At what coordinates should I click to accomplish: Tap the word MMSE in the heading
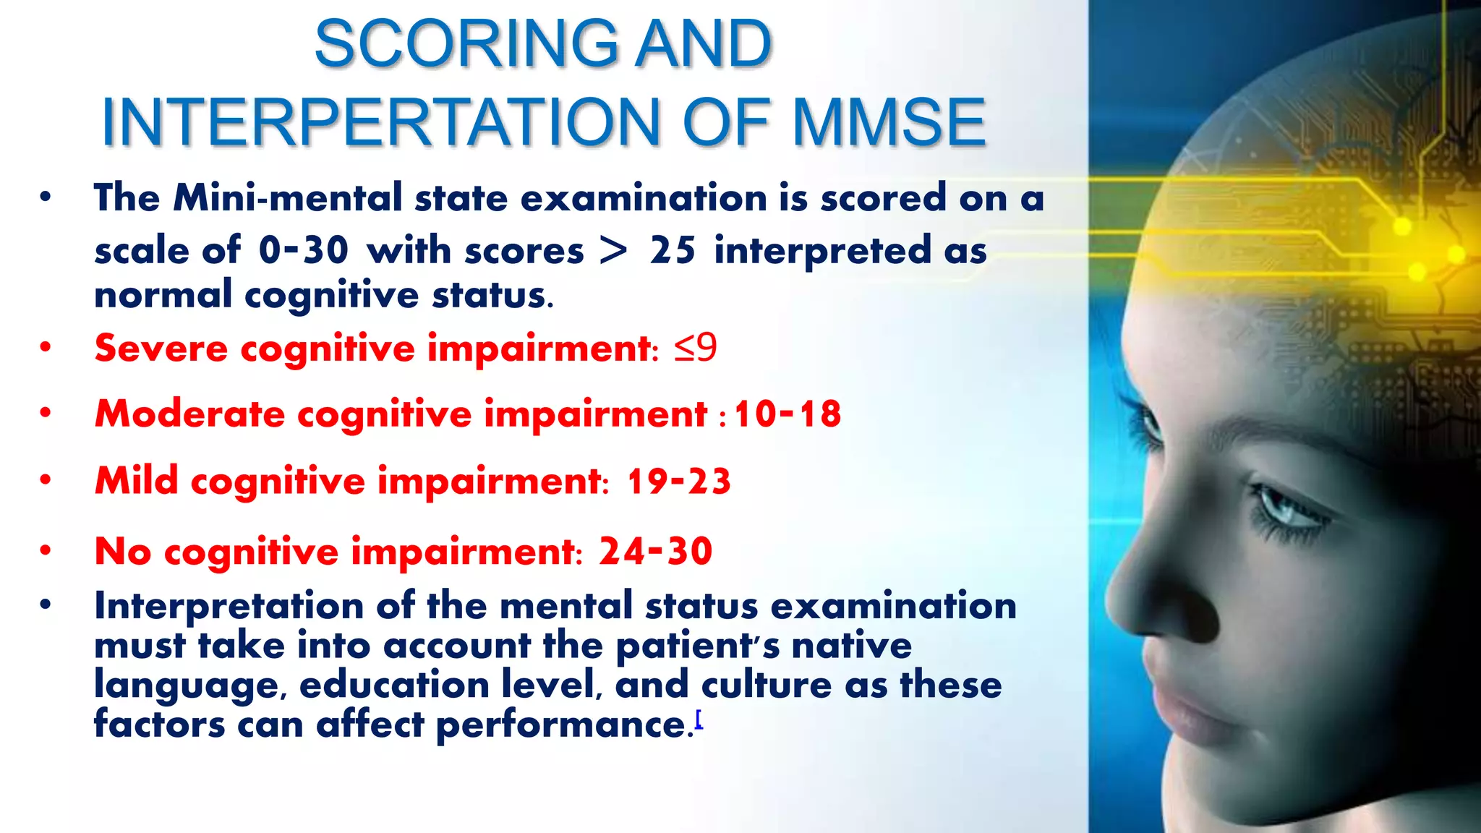click(889, 123)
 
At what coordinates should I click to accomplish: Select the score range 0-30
click(304, 251)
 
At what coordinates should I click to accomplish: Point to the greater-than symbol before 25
click(613, 251)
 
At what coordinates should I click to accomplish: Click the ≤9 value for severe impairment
click(695, 348)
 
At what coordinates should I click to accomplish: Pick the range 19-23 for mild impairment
click(679, 482)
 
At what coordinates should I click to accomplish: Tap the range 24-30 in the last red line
click(656, 551)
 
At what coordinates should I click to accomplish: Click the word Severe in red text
click(161, 349)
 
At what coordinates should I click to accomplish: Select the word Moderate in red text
click(189, 414)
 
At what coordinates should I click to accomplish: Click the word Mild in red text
click(137, 482)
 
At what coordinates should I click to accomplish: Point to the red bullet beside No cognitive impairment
click(46, 551)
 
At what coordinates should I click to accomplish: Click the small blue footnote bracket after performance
click(699, 719)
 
